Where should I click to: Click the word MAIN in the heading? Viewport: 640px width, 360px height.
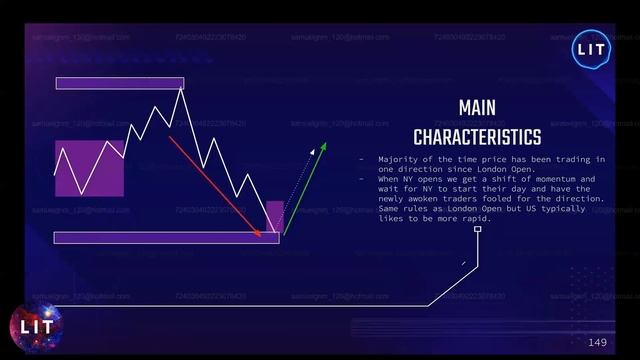[477, 107]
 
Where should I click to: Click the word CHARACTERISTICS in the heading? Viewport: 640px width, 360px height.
[477, 135]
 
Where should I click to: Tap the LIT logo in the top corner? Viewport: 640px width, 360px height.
[587, 49]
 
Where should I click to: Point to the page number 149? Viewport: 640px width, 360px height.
[597, 343]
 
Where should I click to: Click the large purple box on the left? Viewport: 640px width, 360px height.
[89, 168]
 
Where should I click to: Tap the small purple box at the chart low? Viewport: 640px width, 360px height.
[274, 216]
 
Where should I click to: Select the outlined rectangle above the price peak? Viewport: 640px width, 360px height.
[120, 83]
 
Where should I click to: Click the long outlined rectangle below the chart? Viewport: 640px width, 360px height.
[165, 238]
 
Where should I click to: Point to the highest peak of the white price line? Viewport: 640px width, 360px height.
[181, 90]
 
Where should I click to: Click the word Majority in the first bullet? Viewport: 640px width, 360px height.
[397, 160]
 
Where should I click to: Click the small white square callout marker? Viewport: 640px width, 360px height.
[478, 229]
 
